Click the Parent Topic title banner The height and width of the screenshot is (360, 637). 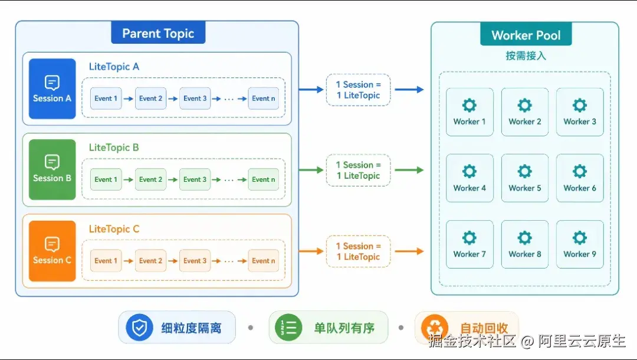(158, 32)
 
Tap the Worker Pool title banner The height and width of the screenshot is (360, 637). (526, 35)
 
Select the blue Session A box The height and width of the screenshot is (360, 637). (52, 89)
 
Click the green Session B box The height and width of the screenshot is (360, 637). (52, 169)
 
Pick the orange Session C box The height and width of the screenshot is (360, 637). (52, 251)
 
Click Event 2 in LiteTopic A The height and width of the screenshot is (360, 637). (151, 99)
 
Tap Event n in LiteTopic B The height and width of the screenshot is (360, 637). (263, 179)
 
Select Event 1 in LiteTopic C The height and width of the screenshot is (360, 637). (106, 260)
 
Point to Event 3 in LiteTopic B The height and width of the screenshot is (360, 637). (195, 179)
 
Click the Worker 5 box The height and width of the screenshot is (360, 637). (525, 178)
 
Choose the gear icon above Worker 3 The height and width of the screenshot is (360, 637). (580, 105)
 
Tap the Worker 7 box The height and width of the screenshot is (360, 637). (469, 244)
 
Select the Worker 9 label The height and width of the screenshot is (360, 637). (580, 254)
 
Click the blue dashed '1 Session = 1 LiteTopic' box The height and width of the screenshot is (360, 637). (359, 90)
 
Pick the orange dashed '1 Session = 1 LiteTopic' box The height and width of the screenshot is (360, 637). (359, 251)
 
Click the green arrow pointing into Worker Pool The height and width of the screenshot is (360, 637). (409, 170)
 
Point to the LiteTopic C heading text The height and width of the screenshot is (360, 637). (114, 229)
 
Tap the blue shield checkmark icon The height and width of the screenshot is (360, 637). (139, 327)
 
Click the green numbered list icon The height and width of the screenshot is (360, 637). (288, 327)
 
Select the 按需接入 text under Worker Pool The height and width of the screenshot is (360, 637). (526, 55)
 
